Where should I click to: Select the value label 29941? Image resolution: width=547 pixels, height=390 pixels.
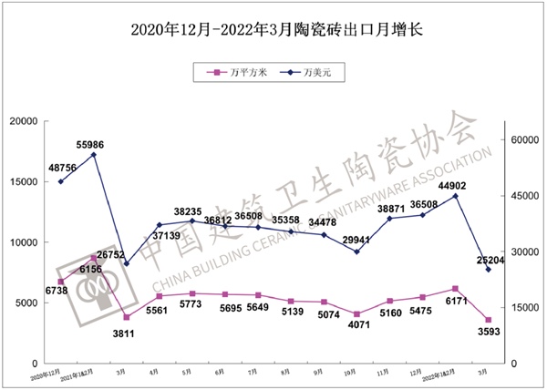[x=358, y=241]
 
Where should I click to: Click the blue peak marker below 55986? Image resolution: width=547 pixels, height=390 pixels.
[x=94, y=154]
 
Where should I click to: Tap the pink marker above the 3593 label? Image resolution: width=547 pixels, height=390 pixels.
[x=489, y=320]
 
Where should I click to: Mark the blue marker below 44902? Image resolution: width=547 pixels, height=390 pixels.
[x=455, y=196]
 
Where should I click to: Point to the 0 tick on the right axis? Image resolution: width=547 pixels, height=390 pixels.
[x=513, y=364]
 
